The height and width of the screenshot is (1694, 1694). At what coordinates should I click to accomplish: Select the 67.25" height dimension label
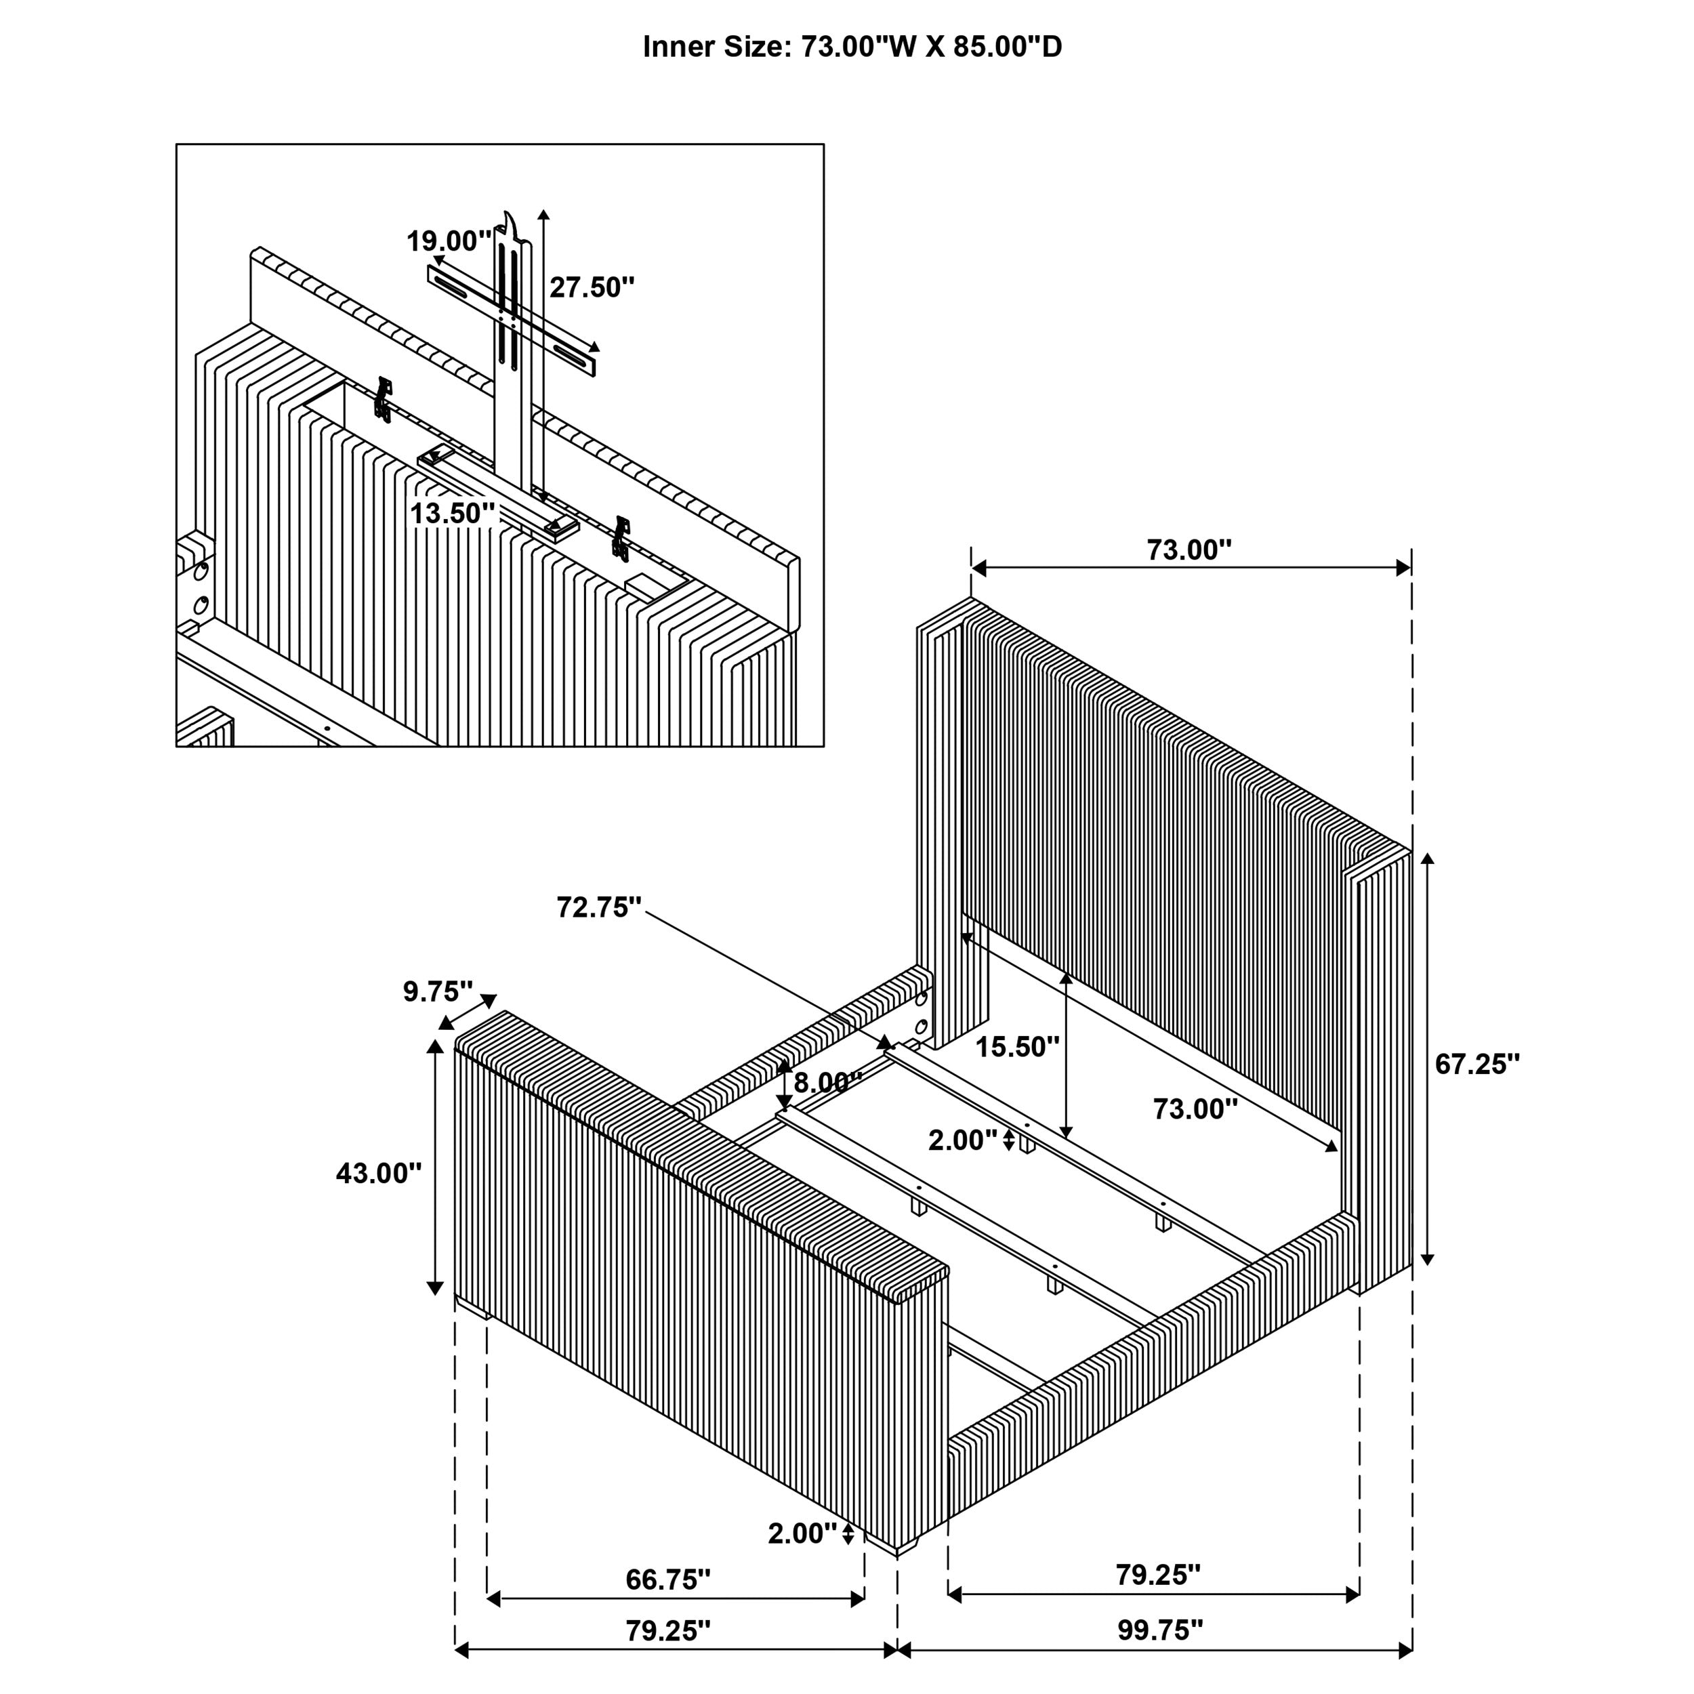(1476, 1064)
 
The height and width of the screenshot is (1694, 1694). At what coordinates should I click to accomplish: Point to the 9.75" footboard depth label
(438, 992)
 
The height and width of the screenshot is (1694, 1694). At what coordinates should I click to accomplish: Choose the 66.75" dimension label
(667, 1579)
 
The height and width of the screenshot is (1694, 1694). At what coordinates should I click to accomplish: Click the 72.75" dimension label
(599, 907)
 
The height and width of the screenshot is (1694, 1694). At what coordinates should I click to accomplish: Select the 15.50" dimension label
(1017, 1046)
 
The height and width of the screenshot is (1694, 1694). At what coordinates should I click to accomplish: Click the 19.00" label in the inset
(448, 241)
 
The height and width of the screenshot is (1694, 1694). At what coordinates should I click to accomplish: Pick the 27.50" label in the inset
(592, 287)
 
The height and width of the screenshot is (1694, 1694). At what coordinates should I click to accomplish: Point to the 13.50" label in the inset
(453, 513)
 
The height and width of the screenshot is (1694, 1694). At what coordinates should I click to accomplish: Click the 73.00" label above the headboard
(1189, 550)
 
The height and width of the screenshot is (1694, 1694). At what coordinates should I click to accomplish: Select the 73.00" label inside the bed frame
(1194, 1109)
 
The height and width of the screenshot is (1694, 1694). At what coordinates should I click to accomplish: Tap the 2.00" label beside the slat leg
(962, 1140)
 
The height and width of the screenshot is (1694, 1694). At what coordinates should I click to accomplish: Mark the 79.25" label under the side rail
(1157, 1575)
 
